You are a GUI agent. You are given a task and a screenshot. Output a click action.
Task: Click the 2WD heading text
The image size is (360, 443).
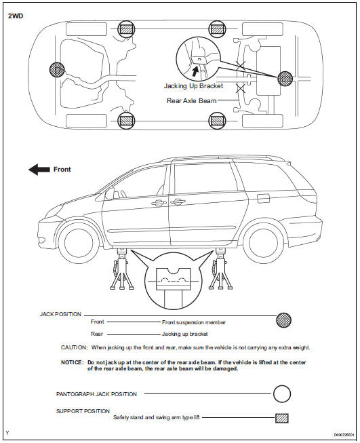tap(16, 16)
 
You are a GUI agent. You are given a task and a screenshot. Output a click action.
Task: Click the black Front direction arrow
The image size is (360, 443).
tap(39, 170)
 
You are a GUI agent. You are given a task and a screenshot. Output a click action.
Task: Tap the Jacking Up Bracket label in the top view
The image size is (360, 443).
tap(193, 86)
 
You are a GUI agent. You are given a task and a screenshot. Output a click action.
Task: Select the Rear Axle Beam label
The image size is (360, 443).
tap(191, 100)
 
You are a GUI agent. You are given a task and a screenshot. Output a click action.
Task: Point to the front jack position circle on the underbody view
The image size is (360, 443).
tap(57, 69)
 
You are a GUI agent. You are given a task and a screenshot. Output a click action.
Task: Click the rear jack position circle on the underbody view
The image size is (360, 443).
tap(285, 78)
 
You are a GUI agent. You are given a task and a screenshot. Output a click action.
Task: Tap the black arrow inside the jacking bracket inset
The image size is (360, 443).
tap(195, 71)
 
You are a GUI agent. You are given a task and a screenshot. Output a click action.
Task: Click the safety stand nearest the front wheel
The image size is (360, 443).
tap(121, 269)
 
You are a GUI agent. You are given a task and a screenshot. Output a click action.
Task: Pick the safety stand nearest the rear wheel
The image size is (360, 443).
tap(220, 269)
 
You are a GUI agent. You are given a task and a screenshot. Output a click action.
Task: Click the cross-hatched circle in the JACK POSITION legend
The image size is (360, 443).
tap(283, 320)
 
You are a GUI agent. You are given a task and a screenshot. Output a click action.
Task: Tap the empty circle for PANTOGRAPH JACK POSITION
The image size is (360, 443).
tap(282, 393)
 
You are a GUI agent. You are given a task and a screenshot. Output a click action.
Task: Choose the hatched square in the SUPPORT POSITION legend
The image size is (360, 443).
tap(282, 418)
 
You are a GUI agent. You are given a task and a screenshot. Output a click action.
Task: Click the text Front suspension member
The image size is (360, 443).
tap(194, 322)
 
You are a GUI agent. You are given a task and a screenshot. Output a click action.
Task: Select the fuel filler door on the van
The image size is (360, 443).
tap(263, 198)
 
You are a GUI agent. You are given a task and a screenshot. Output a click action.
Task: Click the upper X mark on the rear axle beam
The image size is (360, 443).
tap(241, 66)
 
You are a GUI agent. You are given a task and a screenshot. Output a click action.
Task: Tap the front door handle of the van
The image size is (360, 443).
tap(158, 203)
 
